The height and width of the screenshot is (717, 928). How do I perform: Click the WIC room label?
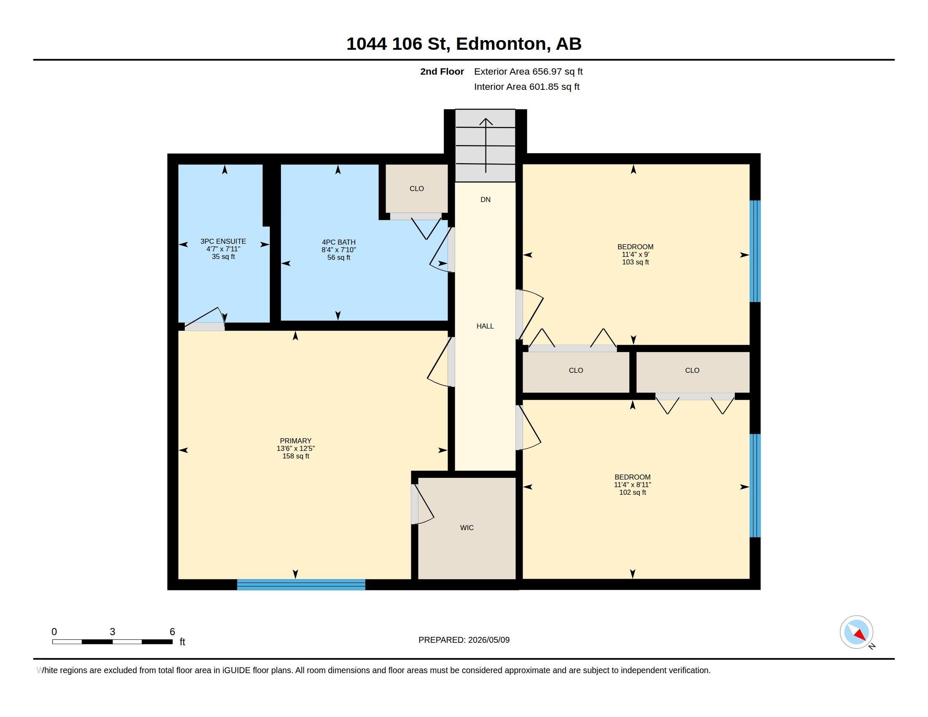[467, 528]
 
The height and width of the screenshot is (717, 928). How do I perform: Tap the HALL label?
[485, 326]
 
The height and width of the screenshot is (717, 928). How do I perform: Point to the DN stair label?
[485, 199]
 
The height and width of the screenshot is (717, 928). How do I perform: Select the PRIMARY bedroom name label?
[296, 441]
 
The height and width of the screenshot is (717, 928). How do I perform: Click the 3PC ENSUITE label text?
[223, 241]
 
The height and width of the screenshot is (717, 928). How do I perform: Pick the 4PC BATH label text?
[339, 242]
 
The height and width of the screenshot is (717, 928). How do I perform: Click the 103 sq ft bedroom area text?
[635, 262]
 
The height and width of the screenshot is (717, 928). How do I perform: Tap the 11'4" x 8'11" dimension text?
[632, 485]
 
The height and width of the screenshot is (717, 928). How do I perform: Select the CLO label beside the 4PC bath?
[416, 189]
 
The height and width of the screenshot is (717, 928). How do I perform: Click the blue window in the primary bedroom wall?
[301, 585]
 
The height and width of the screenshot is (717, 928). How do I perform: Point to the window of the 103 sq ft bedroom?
[755, 251]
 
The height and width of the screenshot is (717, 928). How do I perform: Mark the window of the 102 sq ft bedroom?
[755, 485]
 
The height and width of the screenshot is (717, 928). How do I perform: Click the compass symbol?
[857, 632]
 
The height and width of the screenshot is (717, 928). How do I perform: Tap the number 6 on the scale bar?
[172, 632]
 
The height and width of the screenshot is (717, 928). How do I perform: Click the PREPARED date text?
[464, 640]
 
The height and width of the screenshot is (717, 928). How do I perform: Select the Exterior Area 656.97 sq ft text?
[528, 72]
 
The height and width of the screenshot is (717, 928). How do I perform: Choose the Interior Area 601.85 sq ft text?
[526, 87]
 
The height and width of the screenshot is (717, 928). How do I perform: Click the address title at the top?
[464, 44]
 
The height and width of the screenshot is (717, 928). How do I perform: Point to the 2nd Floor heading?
[442, 72]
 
